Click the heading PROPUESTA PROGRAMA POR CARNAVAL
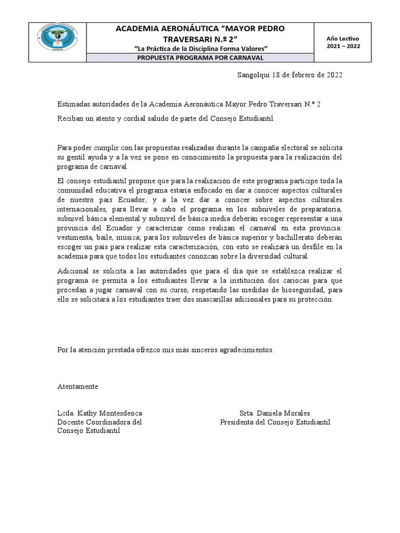point(201,58)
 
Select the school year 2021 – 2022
point(343,46)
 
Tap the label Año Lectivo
point(343,39)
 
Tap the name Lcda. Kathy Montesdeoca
point(99,413)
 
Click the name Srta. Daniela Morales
point(274,413)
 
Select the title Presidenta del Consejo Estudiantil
point(275,422)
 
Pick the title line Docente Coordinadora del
point(99,422)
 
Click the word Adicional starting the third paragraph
point(72,272)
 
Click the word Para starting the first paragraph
point(65,147)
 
